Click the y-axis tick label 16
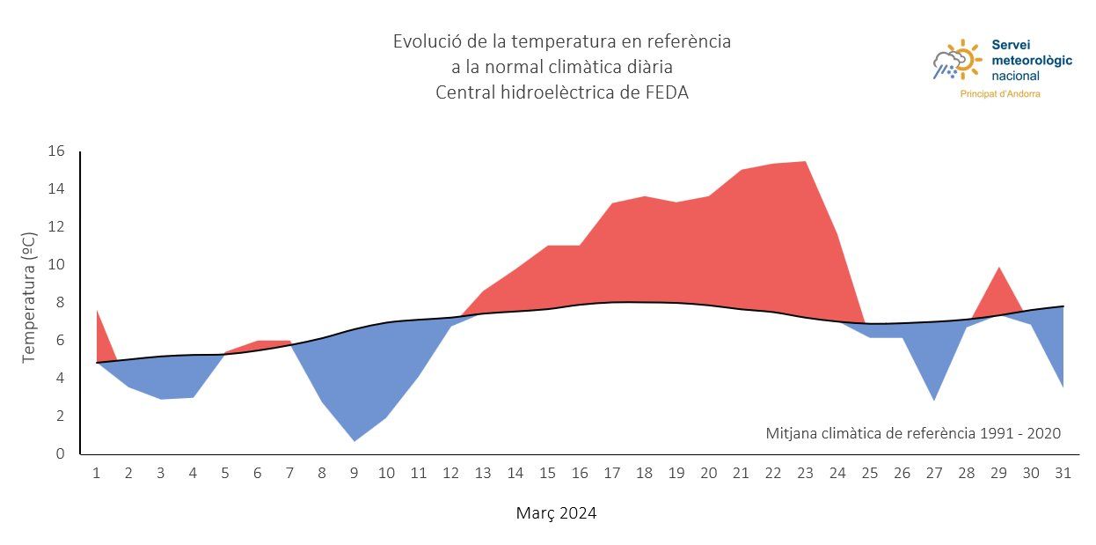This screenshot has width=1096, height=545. [x=56, y=151]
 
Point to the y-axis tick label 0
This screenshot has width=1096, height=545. [x=60, y=454]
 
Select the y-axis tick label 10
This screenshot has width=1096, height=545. [x=56, y=265]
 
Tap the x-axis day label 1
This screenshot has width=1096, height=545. [x=96, y=474]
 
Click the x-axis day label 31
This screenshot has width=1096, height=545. [x=1063, y=474]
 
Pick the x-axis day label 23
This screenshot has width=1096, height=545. [x=805, y=474]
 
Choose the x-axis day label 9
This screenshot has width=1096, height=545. [x=354, y=474]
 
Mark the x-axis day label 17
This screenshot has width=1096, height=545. [x=611, y=474]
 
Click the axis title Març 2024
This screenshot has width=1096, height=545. [x=556, y=513]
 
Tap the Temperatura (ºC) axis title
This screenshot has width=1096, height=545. [x=28, y=297]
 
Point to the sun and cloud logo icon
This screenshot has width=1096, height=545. [x=956, y=61]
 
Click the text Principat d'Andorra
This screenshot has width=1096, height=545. [x=999, y=94]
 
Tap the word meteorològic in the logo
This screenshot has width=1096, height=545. [x=1031, y=60]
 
